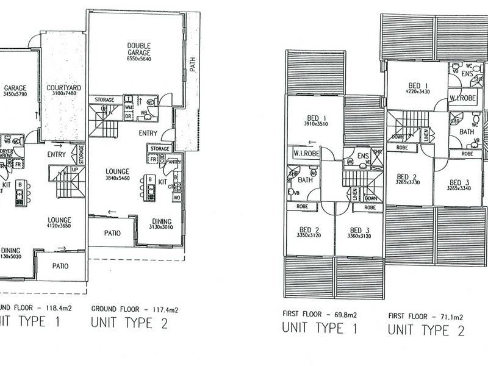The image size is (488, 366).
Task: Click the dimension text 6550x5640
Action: tap(139, 59)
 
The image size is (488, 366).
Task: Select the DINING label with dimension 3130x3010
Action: tap(158, 221)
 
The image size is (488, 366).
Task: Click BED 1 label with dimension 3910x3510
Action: tap(317, 118)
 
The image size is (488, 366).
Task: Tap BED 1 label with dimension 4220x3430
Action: tap(411, 85)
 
